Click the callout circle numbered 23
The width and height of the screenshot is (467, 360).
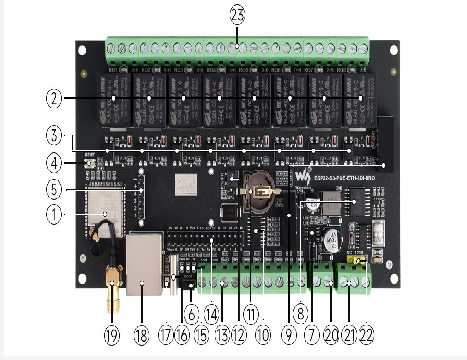(x=237, y=15)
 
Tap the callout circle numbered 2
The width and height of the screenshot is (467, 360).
(x=54, y=99)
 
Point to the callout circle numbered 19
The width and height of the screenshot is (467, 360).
(x=112, y=336)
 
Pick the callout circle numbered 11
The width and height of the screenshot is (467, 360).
(x=251, y=315)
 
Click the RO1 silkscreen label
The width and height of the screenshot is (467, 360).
(x=113, y=70)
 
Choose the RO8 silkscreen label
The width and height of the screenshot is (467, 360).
(x=341, y=70)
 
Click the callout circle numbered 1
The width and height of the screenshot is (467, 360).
(x=54, y=215)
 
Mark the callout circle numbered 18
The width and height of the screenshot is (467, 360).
(x=142, y=336)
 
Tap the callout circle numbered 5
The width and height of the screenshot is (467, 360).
(x=54, y=189)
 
